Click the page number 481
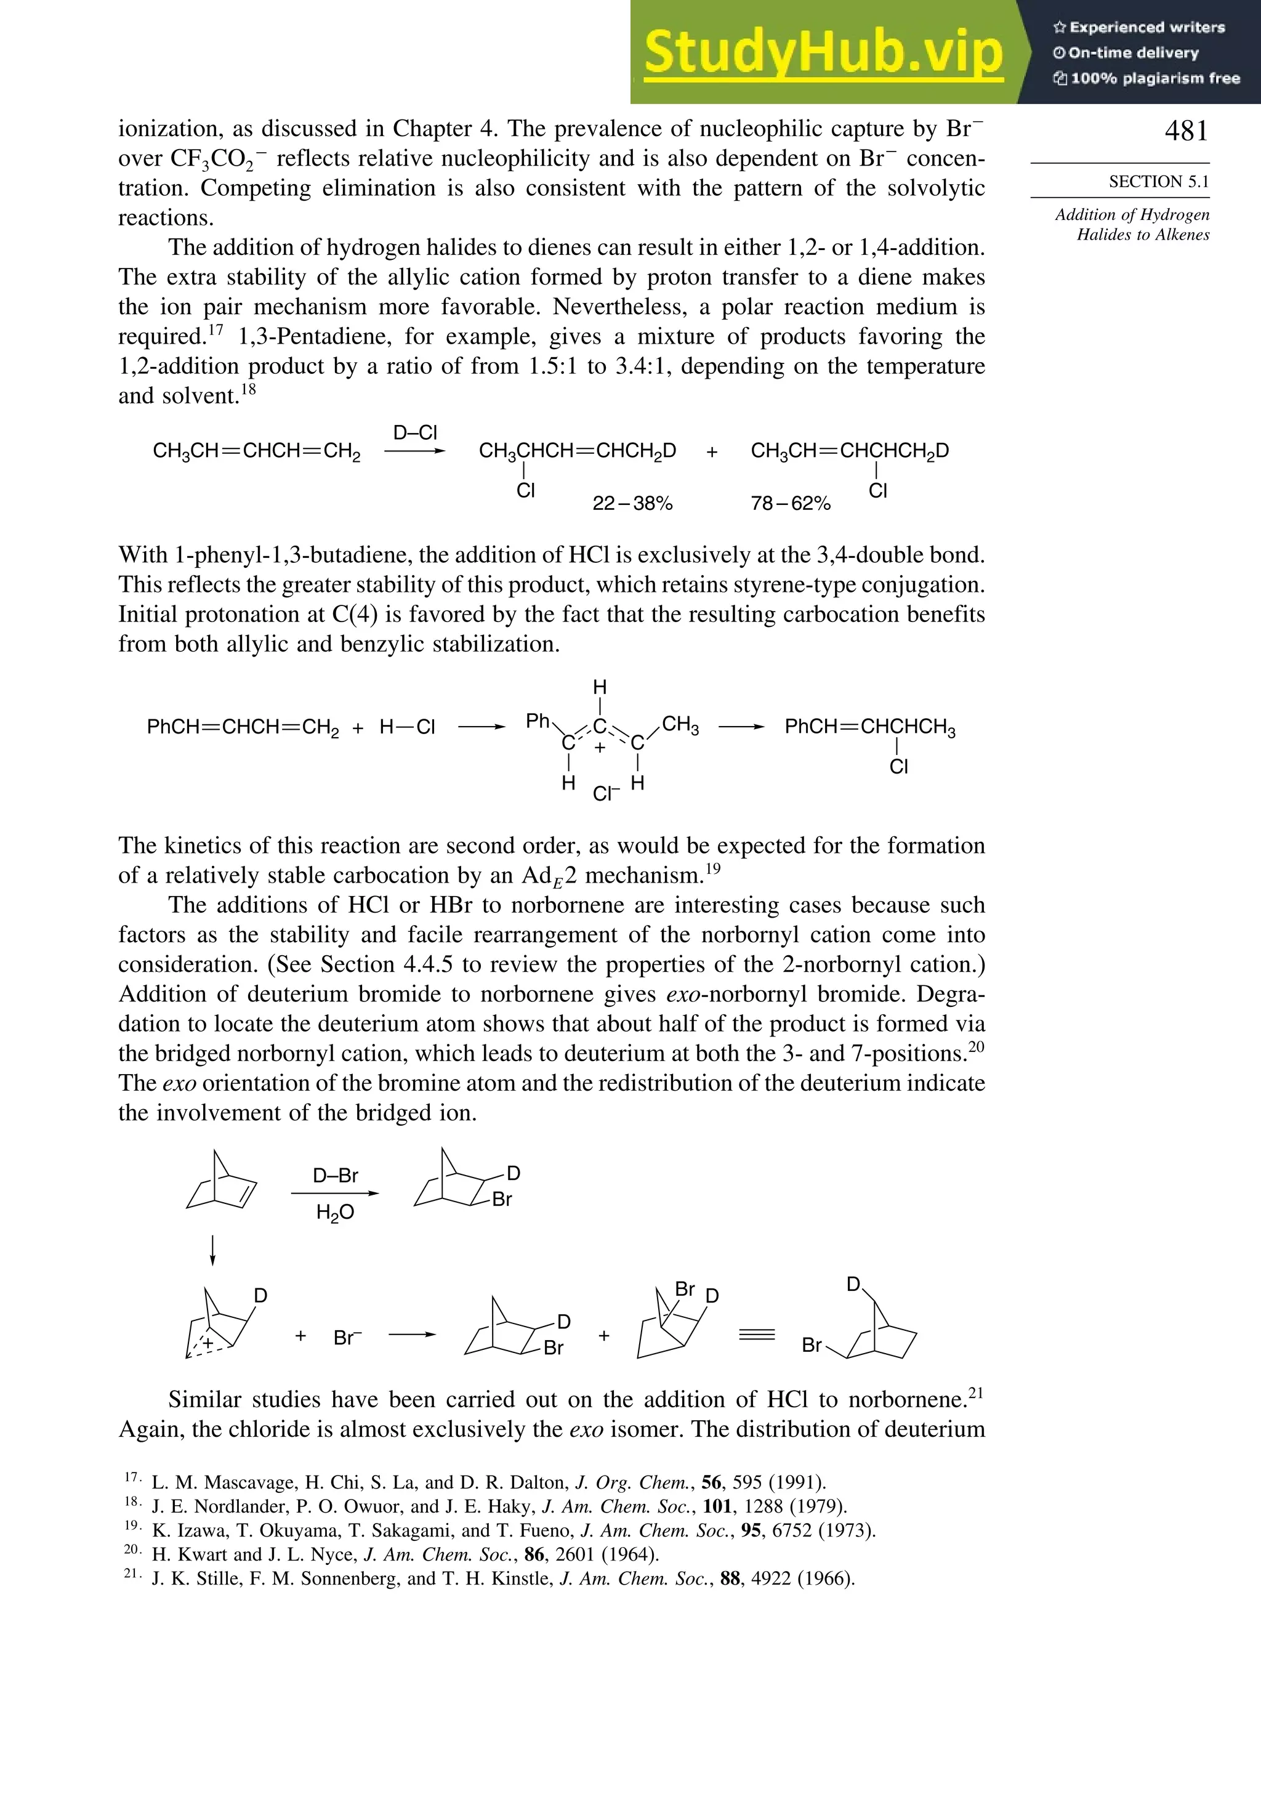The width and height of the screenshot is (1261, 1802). click(x=1186, y=131)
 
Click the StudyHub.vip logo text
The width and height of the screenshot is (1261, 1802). click(x=823, y=54)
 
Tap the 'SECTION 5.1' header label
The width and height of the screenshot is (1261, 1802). click(x=1158, y=182)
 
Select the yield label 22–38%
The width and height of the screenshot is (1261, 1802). click(x=632, y=504)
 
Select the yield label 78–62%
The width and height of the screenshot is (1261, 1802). click(x=790, y=504)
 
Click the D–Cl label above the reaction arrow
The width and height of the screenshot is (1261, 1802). click(x=415, y=432)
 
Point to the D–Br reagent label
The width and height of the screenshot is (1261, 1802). click(x=335, y=1176)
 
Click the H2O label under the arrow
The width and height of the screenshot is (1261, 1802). click(x=335, y=1213)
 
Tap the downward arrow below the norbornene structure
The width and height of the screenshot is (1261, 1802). click(x=212, y=1250)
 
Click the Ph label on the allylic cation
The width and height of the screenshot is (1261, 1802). click(x=538, y=721)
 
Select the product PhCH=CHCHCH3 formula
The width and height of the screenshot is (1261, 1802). click(x=869, y=727)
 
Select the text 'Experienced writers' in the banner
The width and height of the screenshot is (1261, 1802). click(x=1146, y=28)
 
